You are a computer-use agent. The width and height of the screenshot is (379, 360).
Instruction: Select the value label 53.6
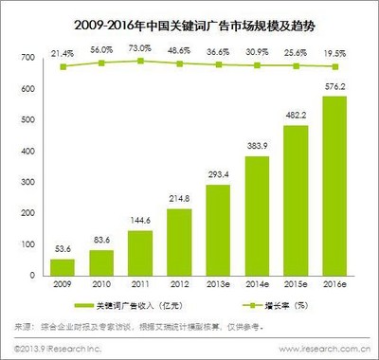(63, 248)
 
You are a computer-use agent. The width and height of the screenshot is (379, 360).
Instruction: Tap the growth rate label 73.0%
(140, 47)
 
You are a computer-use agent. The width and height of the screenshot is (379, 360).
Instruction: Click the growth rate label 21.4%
(63, 47)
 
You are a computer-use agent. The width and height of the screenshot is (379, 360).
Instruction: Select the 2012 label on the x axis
(179, 284)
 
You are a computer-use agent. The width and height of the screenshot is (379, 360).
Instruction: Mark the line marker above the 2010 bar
(101, 63)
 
